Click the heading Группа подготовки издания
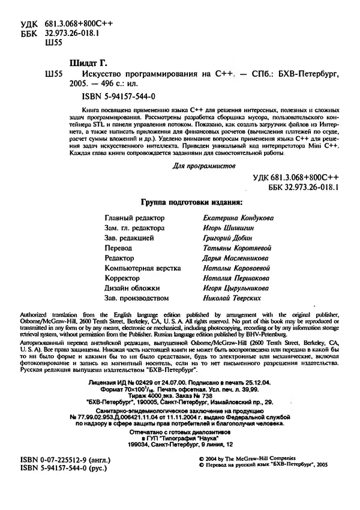(191, 202)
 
